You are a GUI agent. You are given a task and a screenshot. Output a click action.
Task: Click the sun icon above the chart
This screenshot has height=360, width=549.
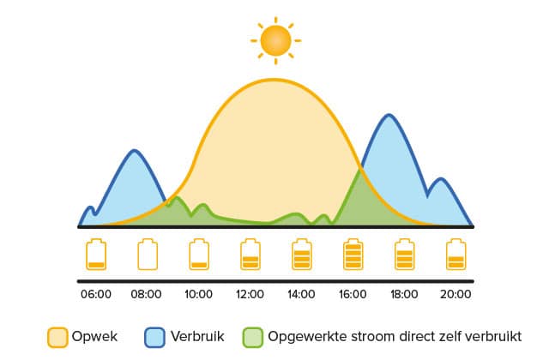(275, 40)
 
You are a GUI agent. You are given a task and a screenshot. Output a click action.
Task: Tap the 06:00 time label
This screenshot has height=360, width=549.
(96, 294)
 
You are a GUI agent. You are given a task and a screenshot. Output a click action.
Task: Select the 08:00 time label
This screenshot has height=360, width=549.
(146, 294)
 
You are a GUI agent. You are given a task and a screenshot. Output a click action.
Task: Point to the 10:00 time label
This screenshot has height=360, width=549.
(198, 294)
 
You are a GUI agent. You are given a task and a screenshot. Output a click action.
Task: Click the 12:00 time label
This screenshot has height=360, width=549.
(250, 294)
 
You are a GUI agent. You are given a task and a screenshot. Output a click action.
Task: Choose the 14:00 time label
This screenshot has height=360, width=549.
(301, 294)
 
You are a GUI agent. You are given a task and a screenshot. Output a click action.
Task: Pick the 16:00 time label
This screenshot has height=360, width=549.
(353, 294)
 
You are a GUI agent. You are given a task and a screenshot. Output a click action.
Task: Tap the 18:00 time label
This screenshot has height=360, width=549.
(404, 294)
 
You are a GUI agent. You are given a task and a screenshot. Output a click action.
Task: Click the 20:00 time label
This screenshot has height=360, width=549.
(455, 294)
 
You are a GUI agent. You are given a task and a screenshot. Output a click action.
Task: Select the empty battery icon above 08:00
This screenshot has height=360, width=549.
(148, 255)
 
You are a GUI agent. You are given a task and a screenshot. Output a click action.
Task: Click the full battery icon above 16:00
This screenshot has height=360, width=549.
(353, 255)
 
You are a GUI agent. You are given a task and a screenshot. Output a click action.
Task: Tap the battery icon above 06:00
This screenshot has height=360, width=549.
(96, 255)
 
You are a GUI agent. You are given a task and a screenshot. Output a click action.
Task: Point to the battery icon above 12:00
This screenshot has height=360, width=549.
(250, 255)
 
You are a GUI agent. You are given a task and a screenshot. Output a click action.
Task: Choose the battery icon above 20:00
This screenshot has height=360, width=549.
(455, 255)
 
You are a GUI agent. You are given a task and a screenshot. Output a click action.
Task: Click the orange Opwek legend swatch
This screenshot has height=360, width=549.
(57, 337)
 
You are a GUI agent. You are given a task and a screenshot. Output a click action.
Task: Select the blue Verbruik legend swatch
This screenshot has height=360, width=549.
(154, 337)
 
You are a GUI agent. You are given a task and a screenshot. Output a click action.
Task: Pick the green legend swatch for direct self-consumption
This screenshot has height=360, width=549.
(252, 337)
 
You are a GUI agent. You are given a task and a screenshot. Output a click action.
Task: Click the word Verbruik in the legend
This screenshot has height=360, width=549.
(197, 337)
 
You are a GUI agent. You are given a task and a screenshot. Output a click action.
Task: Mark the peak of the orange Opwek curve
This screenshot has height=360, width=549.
(274, 80)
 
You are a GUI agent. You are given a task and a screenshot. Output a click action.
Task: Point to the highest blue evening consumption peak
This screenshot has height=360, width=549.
(389, 115)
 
